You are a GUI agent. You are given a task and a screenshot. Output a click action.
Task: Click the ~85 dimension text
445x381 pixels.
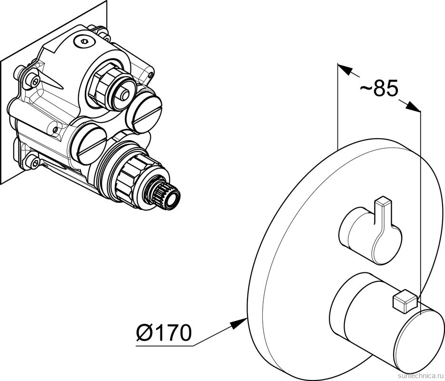[378, 89]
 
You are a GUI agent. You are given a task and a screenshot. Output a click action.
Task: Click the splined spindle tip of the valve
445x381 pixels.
[169, 196]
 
